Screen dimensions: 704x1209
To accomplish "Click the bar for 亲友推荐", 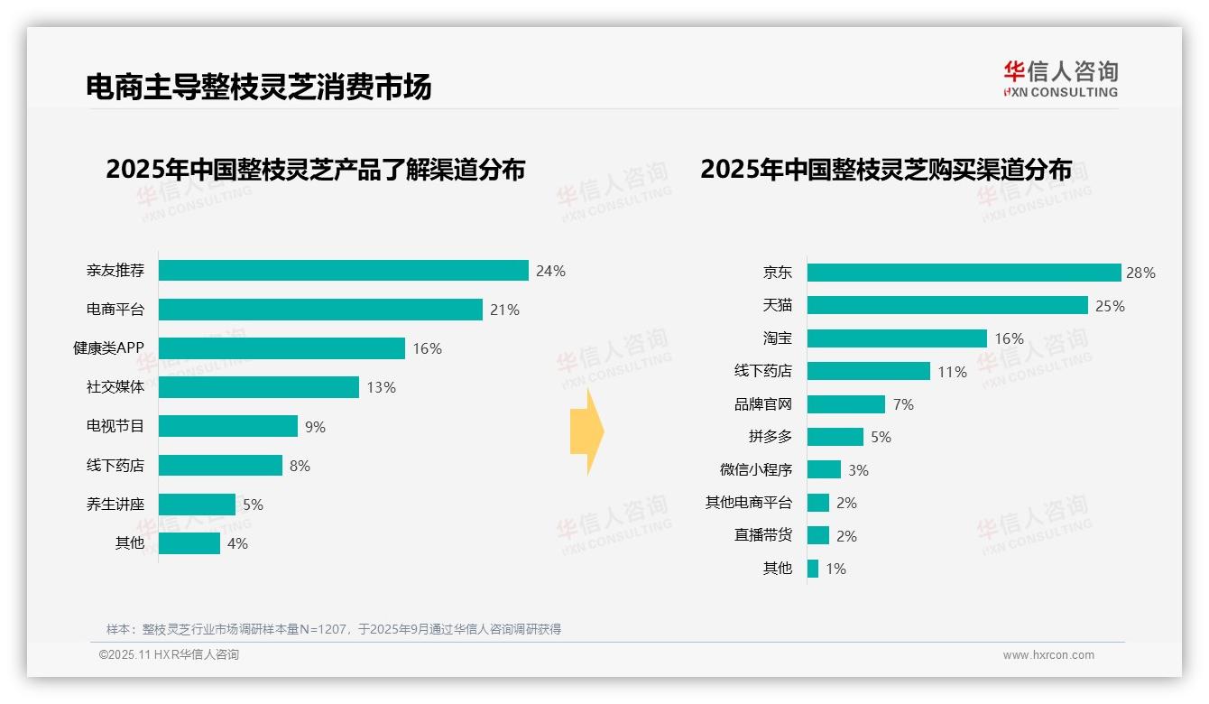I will (343, 271).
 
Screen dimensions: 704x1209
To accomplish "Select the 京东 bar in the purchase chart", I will (964, 273).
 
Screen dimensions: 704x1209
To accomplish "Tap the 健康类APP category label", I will (108, 348).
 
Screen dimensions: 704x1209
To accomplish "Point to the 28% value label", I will (1141, 273).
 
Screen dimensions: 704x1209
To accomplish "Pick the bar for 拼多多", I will (835, 437).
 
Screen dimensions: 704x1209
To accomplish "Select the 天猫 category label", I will (777, 306).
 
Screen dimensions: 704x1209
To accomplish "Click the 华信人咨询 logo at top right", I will (1060, 79).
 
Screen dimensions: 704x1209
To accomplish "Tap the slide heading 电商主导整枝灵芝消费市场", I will (259, 87).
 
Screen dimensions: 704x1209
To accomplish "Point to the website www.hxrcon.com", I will (1048, 655).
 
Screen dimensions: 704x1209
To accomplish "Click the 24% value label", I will (550, 271).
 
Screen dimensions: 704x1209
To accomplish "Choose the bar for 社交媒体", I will (259, 387).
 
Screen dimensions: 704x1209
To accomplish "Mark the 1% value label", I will (835, 569).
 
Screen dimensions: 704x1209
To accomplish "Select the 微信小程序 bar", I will (824, 469).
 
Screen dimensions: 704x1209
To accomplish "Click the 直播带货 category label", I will (763, 535).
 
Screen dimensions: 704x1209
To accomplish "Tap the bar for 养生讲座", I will (197, 505).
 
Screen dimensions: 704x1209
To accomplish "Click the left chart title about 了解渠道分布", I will (315, 170).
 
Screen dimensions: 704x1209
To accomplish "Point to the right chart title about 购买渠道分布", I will (885, 170).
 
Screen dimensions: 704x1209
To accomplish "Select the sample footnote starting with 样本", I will (334, 629).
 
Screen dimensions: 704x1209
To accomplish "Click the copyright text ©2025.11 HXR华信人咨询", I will (169, 655).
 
